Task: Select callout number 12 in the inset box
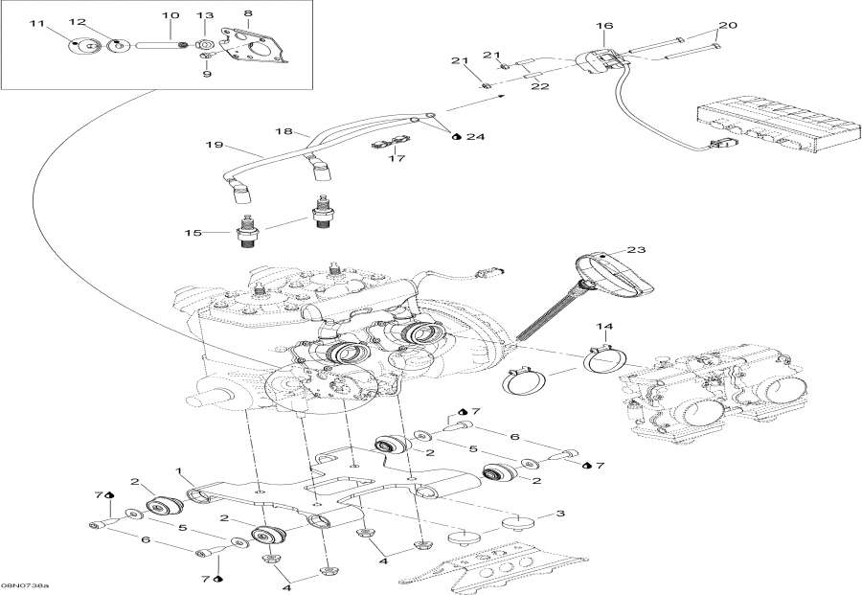point(78,21)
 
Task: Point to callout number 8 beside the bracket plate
point(248,13)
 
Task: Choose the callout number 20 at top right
point(727,25)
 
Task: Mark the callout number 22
point(540,87)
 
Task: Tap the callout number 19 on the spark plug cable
point(213,146)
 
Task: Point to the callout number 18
point(284,129)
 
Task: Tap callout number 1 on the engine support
point(178,470)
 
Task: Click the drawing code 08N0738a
point(27,584)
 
